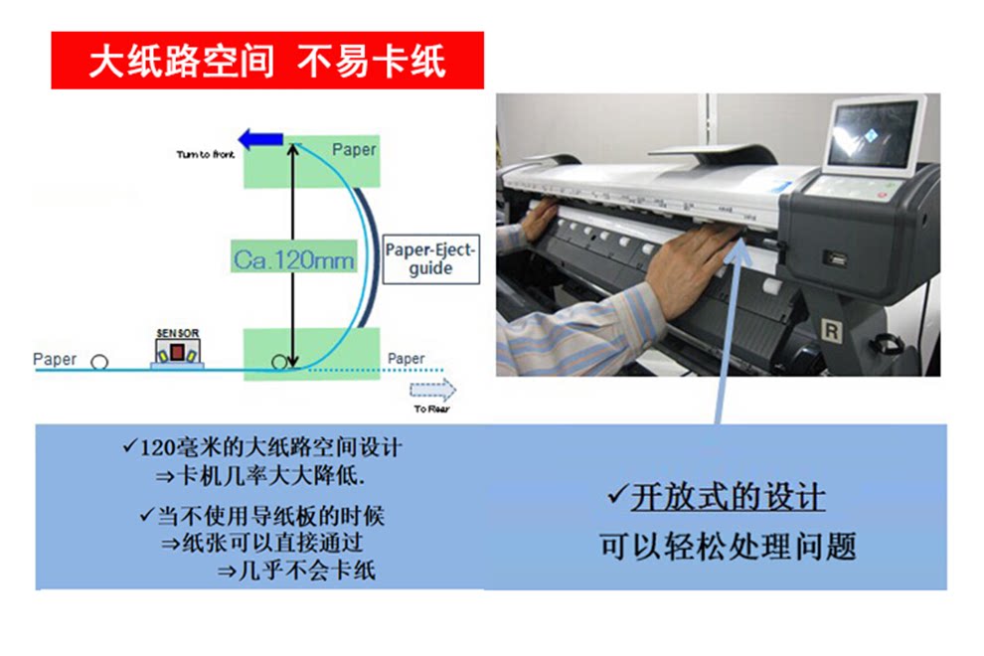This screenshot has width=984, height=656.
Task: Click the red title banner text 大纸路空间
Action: click(181, 62)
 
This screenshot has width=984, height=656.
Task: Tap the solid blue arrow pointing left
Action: click(261, 139)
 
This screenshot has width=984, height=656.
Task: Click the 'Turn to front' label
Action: click(205, 154)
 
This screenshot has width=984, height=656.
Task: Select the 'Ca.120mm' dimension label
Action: click(293, 259)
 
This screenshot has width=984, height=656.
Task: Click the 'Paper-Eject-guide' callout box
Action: click(431, 258)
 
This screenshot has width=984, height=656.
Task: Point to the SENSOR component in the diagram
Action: click(177, 349)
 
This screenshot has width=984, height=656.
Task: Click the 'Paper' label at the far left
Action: click(55, 359)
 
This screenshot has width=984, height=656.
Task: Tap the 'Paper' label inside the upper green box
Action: click(354, 150)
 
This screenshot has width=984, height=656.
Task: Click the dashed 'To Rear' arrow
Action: click(432, 390)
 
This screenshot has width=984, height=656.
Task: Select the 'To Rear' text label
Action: click(431, 410)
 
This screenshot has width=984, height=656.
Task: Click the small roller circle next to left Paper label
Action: click(99, 362)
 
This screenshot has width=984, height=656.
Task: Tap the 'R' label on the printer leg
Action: click(831, 330)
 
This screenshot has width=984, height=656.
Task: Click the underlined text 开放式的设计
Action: click(728, 497)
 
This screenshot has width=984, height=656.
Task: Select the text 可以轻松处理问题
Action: click(728, 546)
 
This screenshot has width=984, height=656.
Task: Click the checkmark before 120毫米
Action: click(130, 446)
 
